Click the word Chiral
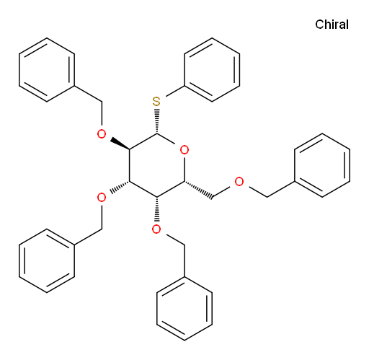[332, 25]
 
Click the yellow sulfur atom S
[156, 102]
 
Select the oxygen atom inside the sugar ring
[184, 150]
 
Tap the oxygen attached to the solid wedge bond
[102, 134]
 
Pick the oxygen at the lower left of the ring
[102, 198]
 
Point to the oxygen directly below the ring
[156, 229]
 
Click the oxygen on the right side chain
[239, 182]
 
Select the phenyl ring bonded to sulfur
[212, 70]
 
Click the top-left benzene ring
[47, 70]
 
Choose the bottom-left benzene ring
[47, 260]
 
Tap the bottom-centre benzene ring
[184, 309]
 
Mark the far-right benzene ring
[322, 165]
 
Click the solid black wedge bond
[120, 144]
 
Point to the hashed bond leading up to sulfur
[156, 121]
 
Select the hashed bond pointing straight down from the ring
[156, 209]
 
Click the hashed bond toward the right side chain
[198, 190]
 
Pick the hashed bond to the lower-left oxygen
[120, 188]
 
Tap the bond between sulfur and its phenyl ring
[175, 91]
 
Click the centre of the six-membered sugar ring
[156, 166]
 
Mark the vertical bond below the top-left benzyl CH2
[102, 113]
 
